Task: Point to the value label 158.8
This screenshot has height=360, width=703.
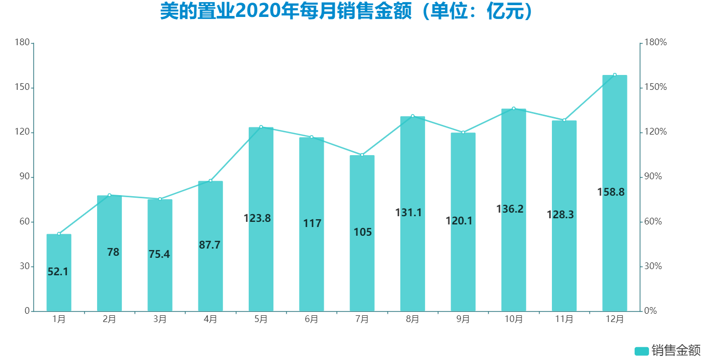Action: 611,192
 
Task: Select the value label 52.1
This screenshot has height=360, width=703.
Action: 58,272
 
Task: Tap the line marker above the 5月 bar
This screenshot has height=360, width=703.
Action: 261,127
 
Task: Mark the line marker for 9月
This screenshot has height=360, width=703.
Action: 463,132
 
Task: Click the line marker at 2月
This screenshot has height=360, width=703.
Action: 109,195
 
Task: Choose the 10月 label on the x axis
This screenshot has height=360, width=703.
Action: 513,319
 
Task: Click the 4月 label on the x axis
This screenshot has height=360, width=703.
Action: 210,319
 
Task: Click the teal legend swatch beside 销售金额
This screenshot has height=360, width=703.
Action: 642,351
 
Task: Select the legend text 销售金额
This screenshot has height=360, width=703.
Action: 676,351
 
